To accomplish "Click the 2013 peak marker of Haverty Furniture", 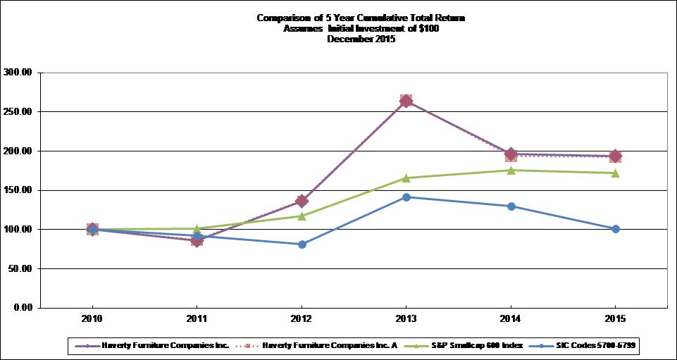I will point(406,101).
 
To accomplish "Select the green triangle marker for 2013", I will point(406,178).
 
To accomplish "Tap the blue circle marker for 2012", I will point(302,244).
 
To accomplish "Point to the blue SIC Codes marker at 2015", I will point(615,229).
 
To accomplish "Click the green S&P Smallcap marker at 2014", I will point(511,170).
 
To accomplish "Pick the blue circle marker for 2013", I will point(406,197).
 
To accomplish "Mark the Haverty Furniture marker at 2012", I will point(302,201).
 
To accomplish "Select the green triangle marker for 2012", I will point(302,216).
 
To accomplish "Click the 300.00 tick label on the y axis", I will point(19,72).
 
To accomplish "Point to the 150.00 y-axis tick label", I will point(19,190).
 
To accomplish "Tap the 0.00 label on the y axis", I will point(23,308).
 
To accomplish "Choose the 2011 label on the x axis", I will point(197,319).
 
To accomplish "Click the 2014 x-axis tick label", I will point(511,319).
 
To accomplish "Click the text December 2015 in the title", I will point(361,39).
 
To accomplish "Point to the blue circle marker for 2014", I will point(511,206).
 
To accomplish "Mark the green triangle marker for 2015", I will point(615,173).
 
